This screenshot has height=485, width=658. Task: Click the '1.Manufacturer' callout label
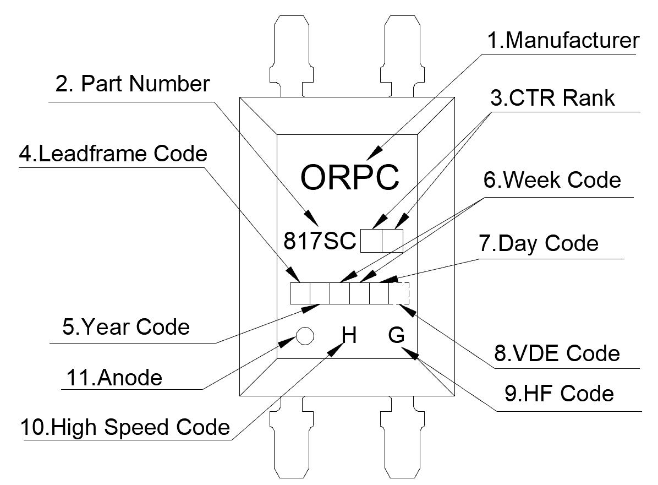(563, 41)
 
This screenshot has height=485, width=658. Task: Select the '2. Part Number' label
(133, 84)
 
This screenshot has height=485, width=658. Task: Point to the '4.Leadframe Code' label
(113, 153)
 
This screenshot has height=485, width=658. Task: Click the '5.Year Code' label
(126, 326)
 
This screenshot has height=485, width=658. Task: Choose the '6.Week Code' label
(552, 179)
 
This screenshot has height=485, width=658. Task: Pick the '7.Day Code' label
(539, 243)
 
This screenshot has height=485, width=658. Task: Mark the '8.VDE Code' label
(557, 353)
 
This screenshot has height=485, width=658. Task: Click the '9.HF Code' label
(558, 394)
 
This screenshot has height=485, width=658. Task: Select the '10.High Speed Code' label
(125, 427)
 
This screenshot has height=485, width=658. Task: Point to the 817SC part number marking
(320, 241)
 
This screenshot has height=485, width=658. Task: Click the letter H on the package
(349, 335)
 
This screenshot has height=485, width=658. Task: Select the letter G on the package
(396, 335)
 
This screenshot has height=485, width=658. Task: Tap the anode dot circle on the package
(304, 335)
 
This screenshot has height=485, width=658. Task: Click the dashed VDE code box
(399, 293)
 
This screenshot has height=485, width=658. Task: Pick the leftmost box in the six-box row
(300, 293)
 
